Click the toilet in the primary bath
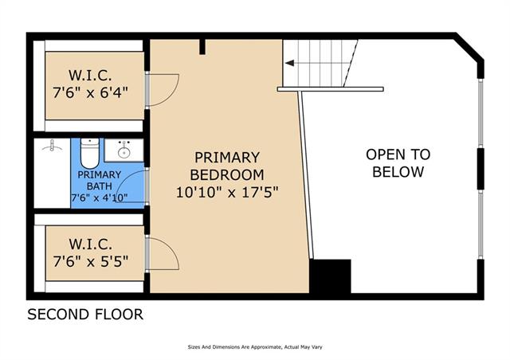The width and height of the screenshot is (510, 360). click(89, 153)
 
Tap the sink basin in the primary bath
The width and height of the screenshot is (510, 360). click(124, 152)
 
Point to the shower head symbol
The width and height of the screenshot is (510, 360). click(52, 147)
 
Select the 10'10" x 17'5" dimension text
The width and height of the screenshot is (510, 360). click(227, 192)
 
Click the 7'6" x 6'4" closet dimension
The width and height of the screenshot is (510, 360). click(90, 92)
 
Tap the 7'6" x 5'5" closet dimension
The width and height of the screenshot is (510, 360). click(91, 260)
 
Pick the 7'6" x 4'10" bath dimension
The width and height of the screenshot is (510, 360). click(99, 198)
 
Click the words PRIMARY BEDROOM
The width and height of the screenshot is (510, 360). click(227, 166)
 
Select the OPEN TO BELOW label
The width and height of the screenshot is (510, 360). click(398, 163)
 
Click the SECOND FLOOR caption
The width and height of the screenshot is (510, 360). click(85, 315)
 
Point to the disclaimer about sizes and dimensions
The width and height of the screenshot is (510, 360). click(255, 347)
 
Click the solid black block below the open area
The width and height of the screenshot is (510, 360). click(330, 276)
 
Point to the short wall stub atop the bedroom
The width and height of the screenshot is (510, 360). click(202, 47)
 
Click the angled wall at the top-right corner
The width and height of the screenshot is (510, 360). click(469, 48)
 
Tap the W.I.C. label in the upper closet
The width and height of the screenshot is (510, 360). click(90, 76)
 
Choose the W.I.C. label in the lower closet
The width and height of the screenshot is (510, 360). click(90, 244)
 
